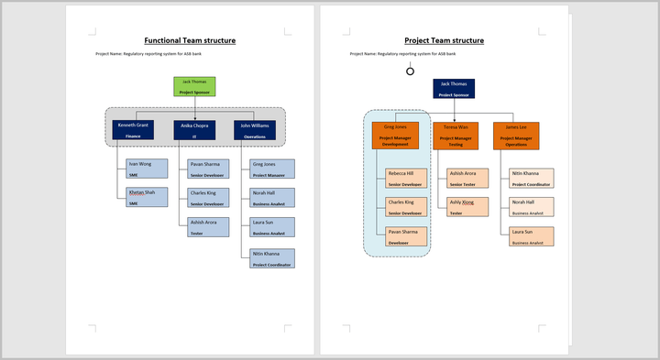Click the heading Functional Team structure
click(x=190, y=40)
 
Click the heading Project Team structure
click(x=444, y=40)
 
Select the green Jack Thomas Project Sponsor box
click(x=194, y=86)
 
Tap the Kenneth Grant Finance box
click(x=134, y=130)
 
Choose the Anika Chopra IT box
click(x=194, y=130)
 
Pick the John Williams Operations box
click(x=255, y=130)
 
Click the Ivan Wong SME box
click(x=147, y=168)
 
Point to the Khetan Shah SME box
click(x=147, y=197)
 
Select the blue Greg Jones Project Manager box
click(x=272, y=168)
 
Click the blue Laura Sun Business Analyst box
click(x=272, y=226)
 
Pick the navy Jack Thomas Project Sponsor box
click(x=454, y=88)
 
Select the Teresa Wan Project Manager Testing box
click(x=456, y=136)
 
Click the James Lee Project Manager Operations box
click(x=516, y=136)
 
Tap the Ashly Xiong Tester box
click(x=467, y=206)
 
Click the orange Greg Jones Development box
click(x=395, y=136)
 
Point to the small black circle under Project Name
click(x=410, y=71)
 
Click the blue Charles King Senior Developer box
click(x=207, y=197)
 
